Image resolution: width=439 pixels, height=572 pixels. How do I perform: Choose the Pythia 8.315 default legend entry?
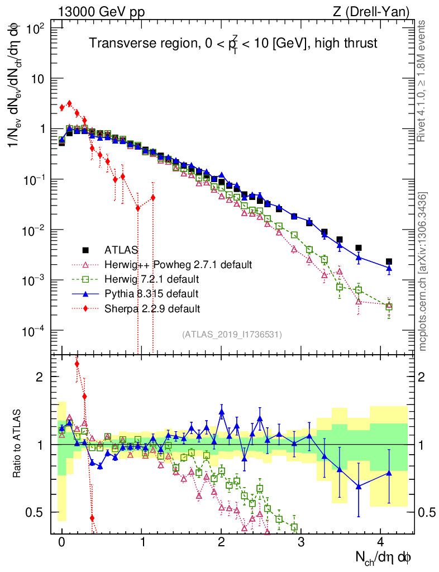pyautogui.click(x=155, y=293)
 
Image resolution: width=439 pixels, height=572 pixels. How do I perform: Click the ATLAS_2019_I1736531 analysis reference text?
pyautogui.click(x=232, y=335)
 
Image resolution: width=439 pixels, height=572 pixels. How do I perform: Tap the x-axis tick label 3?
pyautogui.click(x=301, y=542)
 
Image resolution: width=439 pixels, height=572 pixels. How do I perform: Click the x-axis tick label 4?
pyautogui.click(x=380, y=542)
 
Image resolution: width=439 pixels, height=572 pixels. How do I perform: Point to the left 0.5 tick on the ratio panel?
pyautogui.click(x=40, y=512)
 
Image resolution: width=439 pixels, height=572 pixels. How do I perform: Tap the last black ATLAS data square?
pyautogui.click(x=389, y=261)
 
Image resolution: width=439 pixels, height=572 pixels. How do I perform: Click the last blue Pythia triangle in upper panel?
pyautogui.click(x=389, y=269)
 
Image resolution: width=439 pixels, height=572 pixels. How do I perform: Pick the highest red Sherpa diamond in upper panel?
pyautogui.click(x=69, y=103)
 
